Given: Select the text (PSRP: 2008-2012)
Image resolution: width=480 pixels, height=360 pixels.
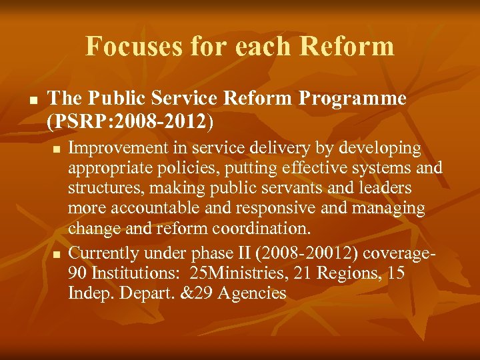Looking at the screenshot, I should [x=131, y=121].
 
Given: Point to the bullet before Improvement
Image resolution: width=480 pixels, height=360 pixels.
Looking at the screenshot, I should [x=58, y=149].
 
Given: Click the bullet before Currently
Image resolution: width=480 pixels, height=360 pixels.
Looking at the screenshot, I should [x=58, y=254].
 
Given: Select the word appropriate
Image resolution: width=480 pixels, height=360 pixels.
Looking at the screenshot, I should [x=109, y=168].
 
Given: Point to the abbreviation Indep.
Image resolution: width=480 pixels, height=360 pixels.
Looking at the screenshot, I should [x=91, y=293].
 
